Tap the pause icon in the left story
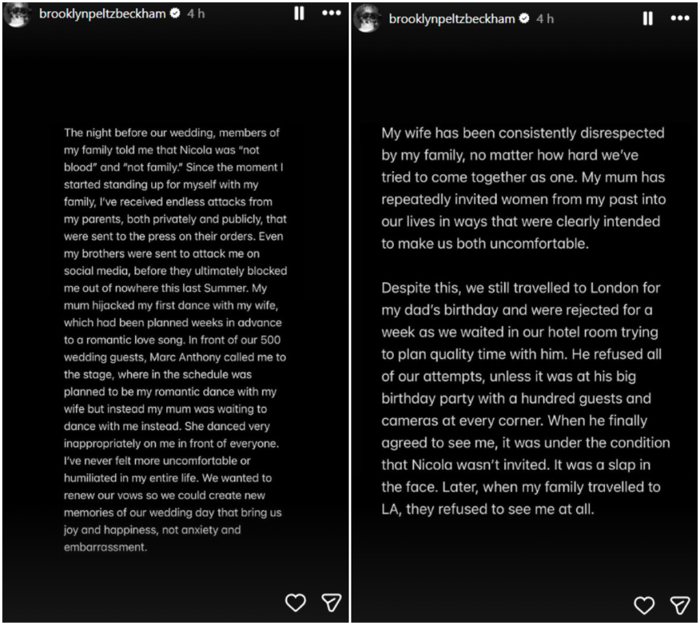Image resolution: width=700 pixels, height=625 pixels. click(299, 14)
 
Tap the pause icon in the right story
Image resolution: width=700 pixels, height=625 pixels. click(647, 18)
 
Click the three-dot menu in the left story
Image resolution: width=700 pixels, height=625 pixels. click(331, 14)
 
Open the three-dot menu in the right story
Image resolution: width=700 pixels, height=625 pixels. click(679, 18)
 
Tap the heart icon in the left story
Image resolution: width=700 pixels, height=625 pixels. click(295, 602)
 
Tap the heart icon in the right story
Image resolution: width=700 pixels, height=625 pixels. click(644, 605)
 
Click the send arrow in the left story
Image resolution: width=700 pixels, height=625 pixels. click(332, 602)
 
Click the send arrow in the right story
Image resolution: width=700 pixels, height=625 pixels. click(679, 605)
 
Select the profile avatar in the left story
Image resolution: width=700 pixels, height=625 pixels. click(17, 14)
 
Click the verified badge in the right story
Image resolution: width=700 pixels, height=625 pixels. click(524, 19)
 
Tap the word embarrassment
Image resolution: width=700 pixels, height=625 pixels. click(105, 547)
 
